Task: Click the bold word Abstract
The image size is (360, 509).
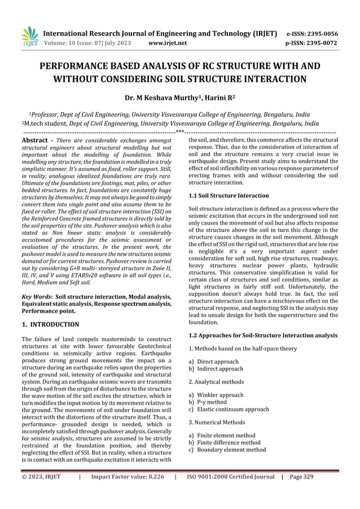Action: pos(36,139)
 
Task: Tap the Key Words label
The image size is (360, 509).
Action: pos(36,296)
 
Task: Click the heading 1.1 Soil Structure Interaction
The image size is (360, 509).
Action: pos(229,196)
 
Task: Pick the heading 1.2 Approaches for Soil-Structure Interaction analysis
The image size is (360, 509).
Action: pos(262,336)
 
